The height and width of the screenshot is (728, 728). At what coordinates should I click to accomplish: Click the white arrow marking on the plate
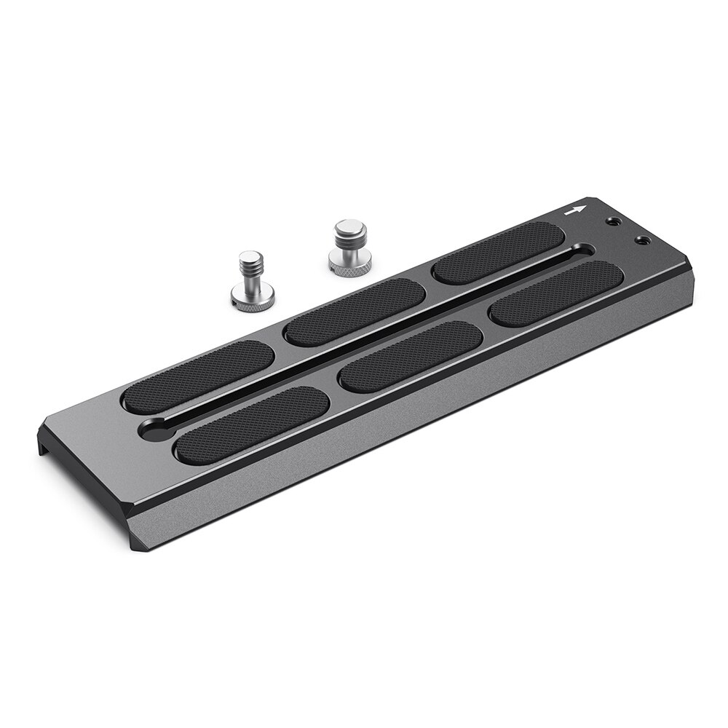pyautogui.click(x=575, y=212)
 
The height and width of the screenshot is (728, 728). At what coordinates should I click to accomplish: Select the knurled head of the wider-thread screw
pyautogui.click(x=344, y=269)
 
